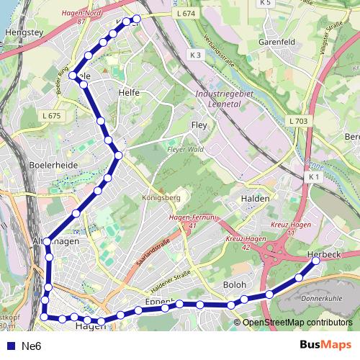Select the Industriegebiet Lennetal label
[226, 99]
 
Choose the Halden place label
[255, 199]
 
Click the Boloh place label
[235, 284]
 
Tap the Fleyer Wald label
[186, 150]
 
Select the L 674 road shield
[185, 14]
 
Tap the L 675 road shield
[52, 115]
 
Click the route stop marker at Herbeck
[315, 261]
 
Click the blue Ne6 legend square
[10, 346]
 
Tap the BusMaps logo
[325, 345]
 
